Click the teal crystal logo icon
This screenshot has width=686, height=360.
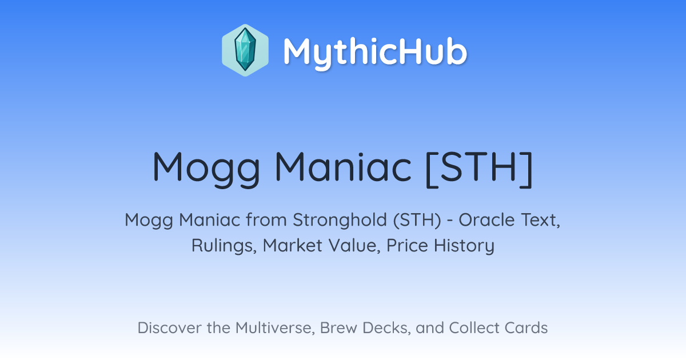[245, 50]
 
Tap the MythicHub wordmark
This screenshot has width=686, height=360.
[375, 53]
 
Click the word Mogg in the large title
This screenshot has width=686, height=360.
[206, 169]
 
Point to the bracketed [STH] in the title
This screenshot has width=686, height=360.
[479, 169]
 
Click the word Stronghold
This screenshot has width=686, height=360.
[340, 221]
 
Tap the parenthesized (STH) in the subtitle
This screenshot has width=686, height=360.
[417, 220]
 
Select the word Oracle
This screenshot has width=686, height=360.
[486, 220]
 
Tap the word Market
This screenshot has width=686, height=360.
[293, 246]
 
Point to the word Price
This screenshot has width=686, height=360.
[407, 245]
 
